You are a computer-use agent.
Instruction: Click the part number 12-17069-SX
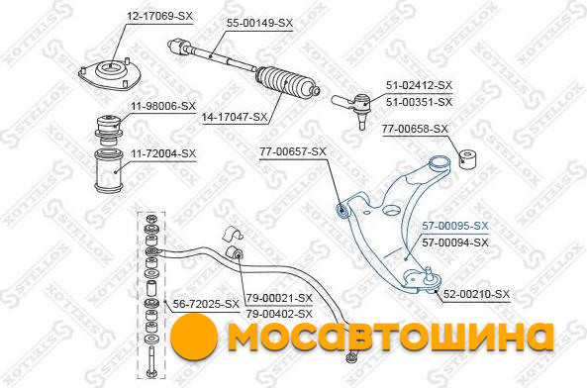pos(159,16)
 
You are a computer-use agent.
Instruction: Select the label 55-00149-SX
pos(259,23)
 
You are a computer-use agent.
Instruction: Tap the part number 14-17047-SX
pos(235,117)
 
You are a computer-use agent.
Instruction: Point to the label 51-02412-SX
pos(420,85)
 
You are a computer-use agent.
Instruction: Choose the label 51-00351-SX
pos(420,102)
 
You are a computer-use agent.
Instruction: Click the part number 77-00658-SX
pos(415,129)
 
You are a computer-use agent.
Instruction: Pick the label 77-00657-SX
pos(293,151)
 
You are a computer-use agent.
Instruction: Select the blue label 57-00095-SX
pos(455,226)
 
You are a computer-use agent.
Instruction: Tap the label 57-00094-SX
pos(455,242)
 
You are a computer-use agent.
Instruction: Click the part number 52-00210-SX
pos(476,294)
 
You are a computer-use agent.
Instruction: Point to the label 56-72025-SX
pos(206,304)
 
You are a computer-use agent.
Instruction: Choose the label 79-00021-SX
pos(279,298)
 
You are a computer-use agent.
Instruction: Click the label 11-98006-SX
pos(163,106)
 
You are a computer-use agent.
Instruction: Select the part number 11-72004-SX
pos(163,153)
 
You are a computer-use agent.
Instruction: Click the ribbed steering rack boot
pos(287,84)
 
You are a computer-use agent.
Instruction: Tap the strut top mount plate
pos(110,75)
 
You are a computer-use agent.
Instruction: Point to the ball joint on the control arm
pos(432,279)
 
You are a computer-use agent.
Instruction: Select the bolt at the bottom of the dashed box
pos(151,362)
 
